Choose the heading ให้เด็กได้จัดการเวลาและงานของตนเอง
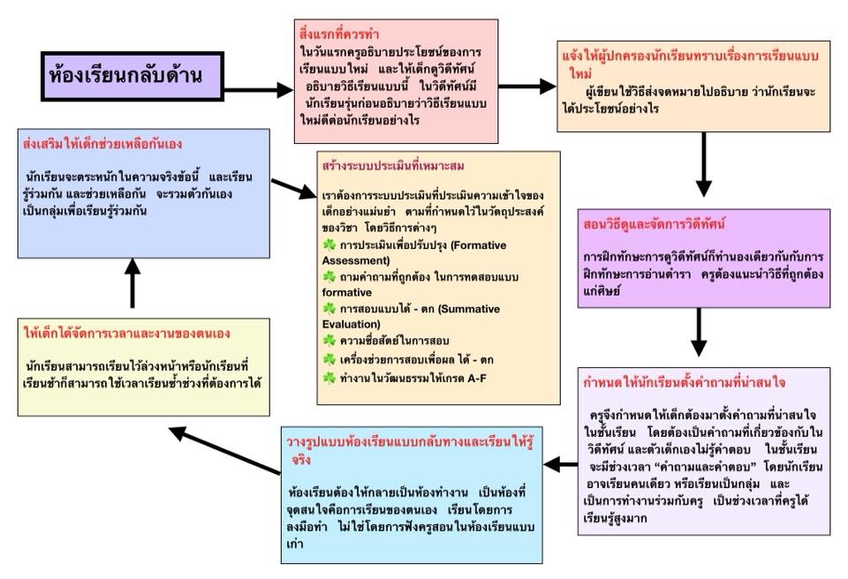129,334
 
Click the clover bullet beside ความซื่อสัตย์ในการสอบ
330,340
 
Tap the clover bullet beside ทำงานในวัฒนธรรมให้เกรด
330,378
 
